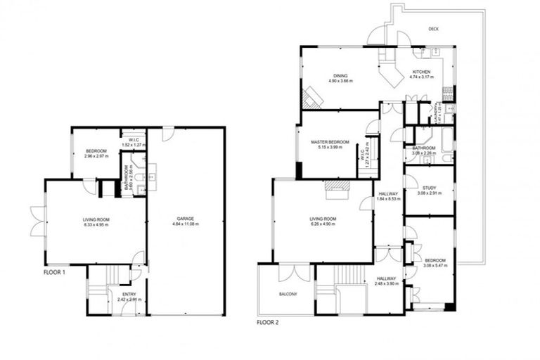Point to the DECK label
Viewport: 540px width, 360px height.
[433, 29]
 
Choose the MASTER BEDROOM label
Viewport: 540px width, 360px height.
[330, 142]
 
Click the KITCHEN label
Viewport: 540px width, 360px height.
[421, 72]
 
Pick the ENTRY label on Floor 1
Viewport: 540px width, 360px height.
[129, 294]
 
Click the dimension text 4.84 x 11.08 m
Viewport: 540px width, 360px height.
[186, 224]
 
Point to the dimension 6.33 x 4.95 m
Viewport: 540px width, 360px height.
[95, 226]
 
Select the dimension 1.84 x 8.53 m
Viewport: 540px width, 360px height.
[389, 199]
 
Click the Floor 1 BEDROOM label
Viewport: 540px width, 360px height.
[96, 151]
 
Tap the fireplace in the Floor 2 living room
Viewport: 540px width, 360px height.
[336, 185]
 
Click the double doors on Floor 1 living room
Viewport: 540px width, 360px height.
[37, 221]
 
